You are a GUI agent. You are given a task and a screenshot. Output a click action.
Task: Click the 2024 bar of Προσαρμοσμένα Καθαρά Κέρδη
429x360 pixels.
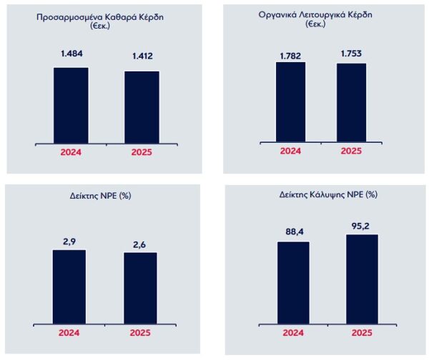71,104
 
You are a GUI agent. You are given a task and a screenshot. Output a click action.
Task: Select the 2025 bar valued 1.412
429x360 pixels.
142,106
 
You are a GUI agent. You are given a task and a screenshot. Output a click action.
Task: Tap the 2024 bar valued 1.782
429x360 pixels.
290,101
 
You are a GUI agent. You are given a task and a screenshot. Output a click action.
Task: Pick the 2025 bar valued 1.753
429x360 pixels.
351,102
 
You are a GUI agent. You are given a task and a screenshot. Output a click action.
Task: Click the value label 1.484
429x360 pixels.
71,56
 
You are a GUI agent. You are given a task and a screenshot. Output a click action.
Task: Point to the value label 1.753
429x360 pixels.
351,52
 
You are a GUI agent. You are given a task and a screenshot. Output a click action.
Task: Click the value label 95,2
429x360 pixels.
362,224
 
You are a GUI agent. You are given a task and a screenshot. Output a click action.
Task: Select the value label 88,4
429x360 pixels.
293,231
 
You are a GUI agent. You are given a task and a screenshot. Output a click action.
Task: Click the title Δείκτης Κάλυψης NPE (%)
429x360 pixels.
328,194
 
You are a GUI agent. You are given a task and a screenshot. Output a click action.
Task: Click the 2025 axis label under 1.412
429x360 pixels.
142,152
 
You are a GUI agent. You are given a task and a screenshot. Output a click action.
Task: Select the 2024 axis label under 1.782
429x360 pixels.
290,151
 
